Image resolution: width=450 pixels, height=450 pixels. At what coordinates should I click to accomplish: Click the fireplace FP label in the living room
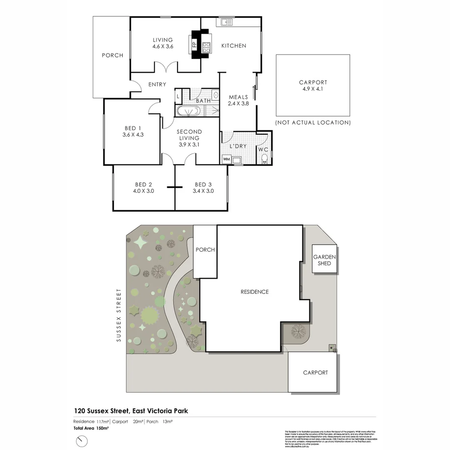(x=194, y=45)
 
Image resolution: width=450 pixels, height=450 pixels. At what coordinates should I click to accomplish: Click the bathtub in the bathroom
(x=188, y=111)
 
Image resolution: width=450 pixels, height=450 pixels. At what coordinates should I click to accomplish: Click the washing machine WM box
(x=226, y=159)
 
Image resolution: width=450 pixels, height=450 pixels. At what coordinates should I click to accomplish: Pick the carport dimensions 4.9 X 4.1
(x=313, y=89)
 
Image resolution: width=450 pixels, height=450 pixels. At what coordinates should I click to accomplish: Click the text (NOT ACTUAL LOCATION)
(x=313, y=122)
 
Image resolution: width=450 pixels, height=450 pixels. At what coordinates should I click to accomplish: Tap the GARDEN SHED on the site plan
(x=324, y=260)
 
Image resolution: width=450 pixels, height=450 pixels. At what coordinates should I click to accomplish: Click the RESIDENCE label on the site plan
(x=255, y=292)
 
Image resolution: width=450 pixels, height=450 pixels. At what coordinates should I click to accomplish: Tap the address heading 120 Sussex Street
(x=130, y=411)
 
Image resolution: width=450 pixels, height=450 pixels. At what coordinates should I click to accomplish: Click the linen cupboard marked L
(x=178, y=97)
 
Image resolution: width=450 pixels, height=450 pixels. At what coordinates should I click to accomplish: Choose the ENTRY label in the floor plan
(x=157, y=85)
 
